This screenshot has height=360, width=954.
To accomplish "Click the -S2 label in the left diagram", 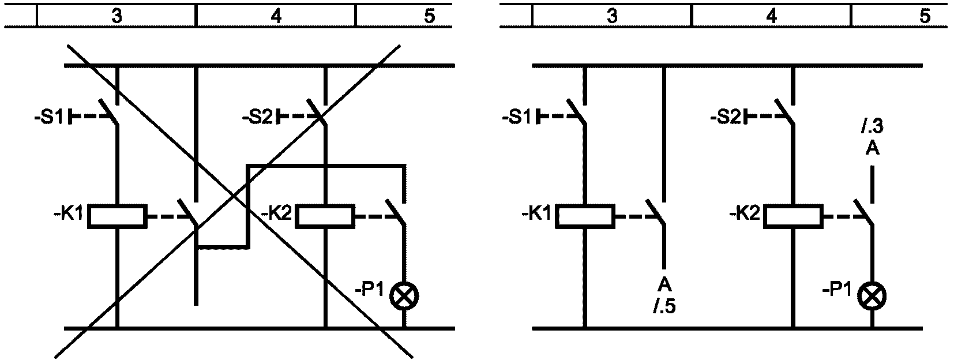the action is (257, 117).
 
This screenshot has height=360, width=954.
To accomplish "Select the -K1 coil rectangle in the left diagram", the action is (117, 216).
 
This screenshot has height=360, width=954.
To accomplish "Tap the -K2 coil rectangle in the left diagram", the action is (325, 216).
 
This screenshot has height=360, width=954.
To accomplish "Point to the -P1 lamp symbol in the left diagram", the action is (404, 295).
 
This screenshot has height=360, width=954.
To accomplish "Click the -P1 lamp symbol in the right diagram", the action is (872, 295).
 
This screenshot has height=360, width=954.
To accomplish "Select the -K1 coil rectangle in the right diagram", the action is (585, 216).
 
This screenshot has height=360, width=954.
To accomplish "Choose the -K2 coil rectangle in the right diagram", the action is (793, 216).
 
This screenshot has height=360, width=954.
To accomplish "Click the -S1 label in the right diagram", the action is (517, 117).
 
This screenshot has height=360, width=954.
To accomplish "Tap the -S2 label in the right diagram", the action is (725, 117).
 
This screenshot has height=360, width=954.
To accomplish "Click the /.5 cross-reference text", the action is (665, 307).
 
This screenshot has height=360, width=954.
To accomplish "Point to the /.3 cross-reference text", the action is (872, 126).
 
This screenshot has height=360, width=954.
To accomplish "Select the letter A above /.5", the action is (664, 283).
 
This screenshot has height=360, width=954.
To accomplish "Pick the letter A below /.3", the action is (872, 149).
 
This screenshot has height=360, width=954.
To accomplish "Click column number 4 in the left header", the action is (276, 16).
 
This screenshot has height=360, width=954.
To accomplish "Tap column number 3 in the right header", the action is (612, 16).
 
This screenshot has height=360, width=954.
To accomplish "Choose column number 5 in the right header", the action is (925, 16).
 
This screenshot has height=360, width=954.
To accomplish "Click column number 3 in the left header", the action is (117, 16).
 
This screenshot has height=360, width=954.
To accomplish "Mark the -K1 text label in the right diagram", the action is (536, 213).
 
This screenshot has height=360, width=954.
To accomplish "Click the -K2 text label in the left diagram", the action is (276, 213).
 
